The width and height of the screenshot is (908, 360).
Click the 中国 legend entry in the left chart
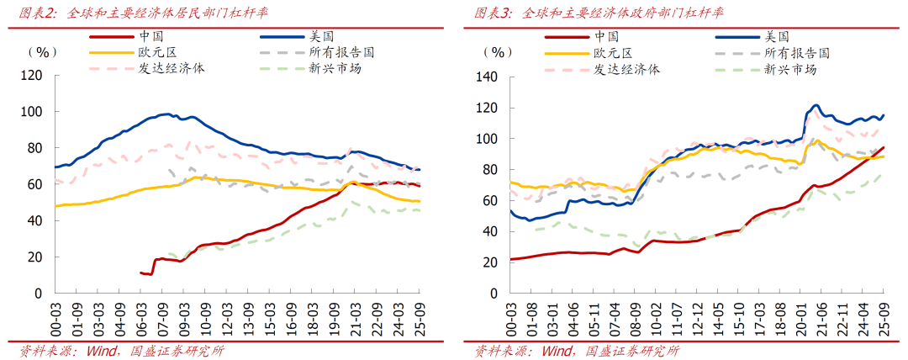point(151,36)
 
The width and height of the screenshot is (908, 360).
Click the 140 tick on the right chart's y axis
point(487,77)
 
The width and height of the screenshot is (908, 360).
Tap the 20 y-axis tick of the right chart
point(490,262)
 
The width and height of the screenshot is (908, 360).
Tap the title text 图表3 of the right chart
point(493,13)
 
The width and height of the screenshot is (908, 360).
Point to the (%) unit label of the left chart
point(43,51)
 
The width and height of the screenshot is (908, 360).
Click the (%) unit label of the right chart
point(499,51)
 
